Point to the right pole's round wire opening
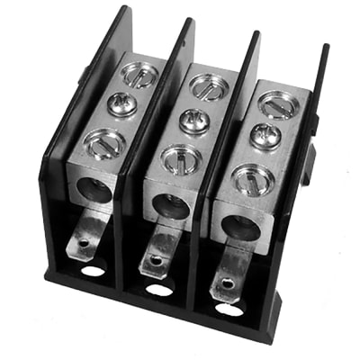pyautogui.click(x=239, y=227)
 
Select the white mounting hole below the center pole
pyautogui.click(x=158, y=289)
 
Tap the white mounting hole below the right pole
pyautogui.click(x=229, y=309)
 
